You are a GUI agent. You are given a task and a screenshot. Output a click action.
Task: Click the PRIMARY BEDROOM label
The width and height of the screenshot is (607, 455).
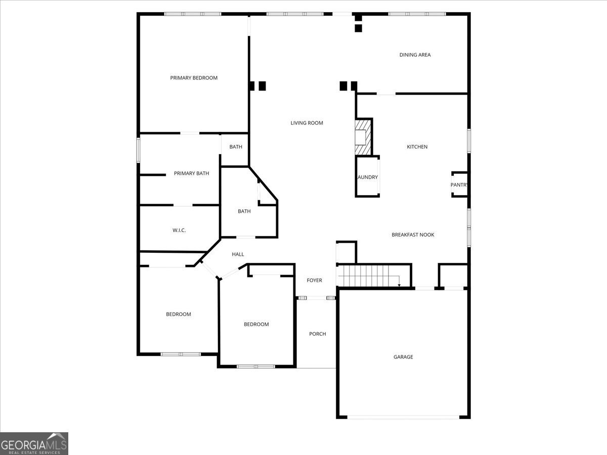coord(194,78)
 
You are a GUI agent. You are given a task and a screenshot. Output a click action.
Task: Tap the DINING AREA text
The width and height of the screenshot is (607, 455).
coord(415,55)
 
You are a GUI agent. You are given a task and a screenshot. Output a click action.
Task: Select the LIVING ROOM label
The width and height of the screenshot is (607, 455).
coord(307,123)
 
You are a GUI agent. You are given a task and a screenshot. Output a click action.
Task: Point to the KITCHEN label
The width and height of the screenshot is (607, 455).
coord(417,147)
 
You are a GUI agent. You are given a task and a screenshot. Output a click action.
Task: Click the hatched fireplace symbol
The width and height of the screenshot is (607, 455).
coord(363,137)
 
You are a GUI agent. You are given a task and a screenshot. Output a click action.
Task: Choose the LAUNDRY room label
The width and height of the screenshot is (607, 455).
coord(367,177)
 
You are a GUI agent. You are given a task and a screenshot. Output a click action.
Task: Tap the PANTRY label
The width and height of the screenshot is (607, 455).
coord(459,185)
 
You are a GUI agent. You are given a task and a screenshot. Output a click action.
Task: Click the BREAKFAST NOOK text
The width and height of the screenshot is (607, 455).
coord(413,235)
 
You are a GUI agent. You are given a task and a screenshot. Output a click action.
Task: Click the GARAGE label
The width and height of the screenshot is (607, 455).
coord(403,357)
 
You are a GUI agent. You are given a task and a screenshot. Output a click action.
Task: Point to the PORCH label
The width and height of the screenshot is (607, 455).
coord(317,334)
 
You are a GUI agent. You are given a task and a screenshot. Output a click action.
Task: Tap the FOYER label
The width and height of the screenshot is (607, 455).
coord(314,281)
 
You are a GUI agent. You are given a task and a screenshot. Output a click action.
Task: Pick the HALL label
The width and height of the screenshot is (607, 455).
coord(238,254)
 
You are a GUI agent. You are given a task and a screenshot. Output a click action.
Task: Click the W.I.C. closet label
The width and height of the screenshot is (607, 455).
coord(179,230)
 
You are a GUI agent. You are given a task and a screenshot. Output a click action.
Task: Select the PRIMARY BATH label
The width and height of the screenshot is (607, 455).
coord(191,173)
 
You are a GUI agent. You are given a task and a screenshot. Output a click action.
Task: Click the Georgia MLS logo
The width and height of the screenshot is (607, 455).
coord(34,443)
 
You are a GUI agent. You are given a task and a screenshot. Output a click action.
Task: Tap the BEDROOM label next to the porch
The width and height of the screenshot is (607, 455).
coord(256,324)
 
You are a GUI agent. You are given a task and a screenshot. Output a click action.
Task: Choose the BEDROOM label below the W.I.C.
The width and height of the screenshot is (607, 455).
coord(179,314)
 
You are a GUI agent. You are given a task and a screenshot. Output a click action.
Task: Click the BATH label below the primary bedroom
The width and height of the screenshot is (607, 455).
coord(236,147)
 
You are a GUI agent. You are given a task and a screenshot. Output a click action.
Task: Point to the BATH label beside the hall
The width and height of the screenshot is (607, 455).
coord(244,211)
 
